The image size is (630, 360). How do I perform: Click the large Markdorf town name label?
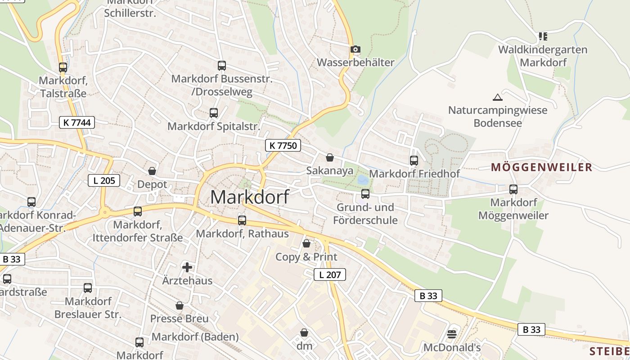click(250, 197)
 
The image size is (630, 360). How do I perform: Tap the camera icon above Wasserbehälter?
click(355, 49)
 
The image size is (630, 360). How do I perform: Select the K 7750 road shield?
click(283, 145)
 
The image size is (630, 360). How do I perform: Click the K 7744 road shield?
click(77, 122)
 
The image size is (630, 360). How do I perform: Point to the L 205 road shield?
click(104, 181)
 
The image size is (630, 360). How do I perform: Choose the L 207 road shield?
click(329, 274)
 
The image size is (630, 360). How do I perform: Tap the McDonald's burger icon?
click(452, 334)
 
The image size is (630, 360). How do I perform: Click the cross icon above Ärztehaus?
click(187, 267)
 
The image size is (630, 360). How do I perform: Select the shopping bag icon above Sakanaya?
click(330, 157)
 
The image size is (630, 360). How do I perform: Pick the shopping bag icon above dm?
click(304, 333)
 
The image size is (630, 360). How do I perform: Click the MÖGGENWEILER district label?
click(541, 167)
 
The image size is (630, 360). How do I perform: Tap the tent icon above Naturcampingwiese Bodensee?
click(497, 97)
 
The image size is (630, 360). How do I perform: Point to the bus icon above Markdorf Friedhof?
click(414, 160)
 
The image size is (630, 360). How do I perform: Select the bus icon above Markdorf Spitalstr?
click(214, 113)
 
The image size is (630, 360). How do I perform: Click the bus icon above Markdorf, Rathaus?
click(242, 220)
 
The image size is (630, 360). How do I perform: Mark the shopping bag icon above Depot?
click(152, 171)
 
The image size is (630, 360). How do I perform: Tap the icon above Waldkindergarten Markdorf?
click(543, 36)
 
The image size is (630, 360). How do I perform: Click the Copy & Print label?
click(306, 257)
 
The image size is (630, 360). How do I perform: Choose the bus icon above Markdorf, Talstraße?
click(63, 67)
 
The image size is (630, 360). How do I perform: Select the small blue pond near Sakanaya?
click(362, 180)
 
